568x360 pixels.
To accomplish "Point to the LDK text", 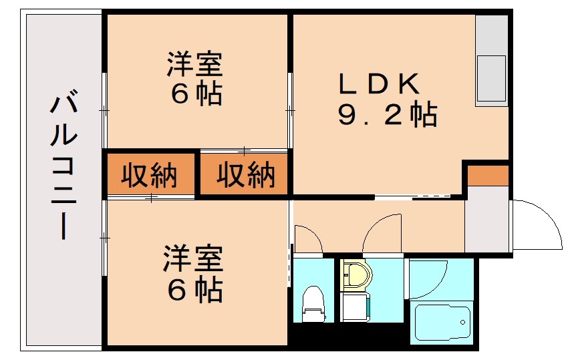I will pyautogui.click(x=379, y=84).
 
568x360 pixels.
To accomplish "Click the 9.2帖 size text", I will pyautogui.click(x=388, y=116).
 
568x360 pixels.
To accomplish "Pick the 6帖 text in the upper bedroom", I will pyautogui.click(x=196, y=94).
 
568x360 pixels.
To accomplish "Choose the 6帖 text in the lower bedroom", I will pyautogui.click(x=194, y=289).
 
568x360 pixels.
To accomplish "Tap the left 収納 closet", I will pyautogui.click(x=149, y=176).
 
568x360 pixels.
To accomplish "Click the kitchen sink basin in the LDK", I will pyautogui.click(x=492, y=79).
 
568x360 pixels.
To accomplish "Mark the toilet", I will pyautogui.click(x=313, y=305).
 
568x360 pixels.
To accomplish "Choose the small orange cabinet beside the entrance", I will pyautogui.click(x=488, y=176).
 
